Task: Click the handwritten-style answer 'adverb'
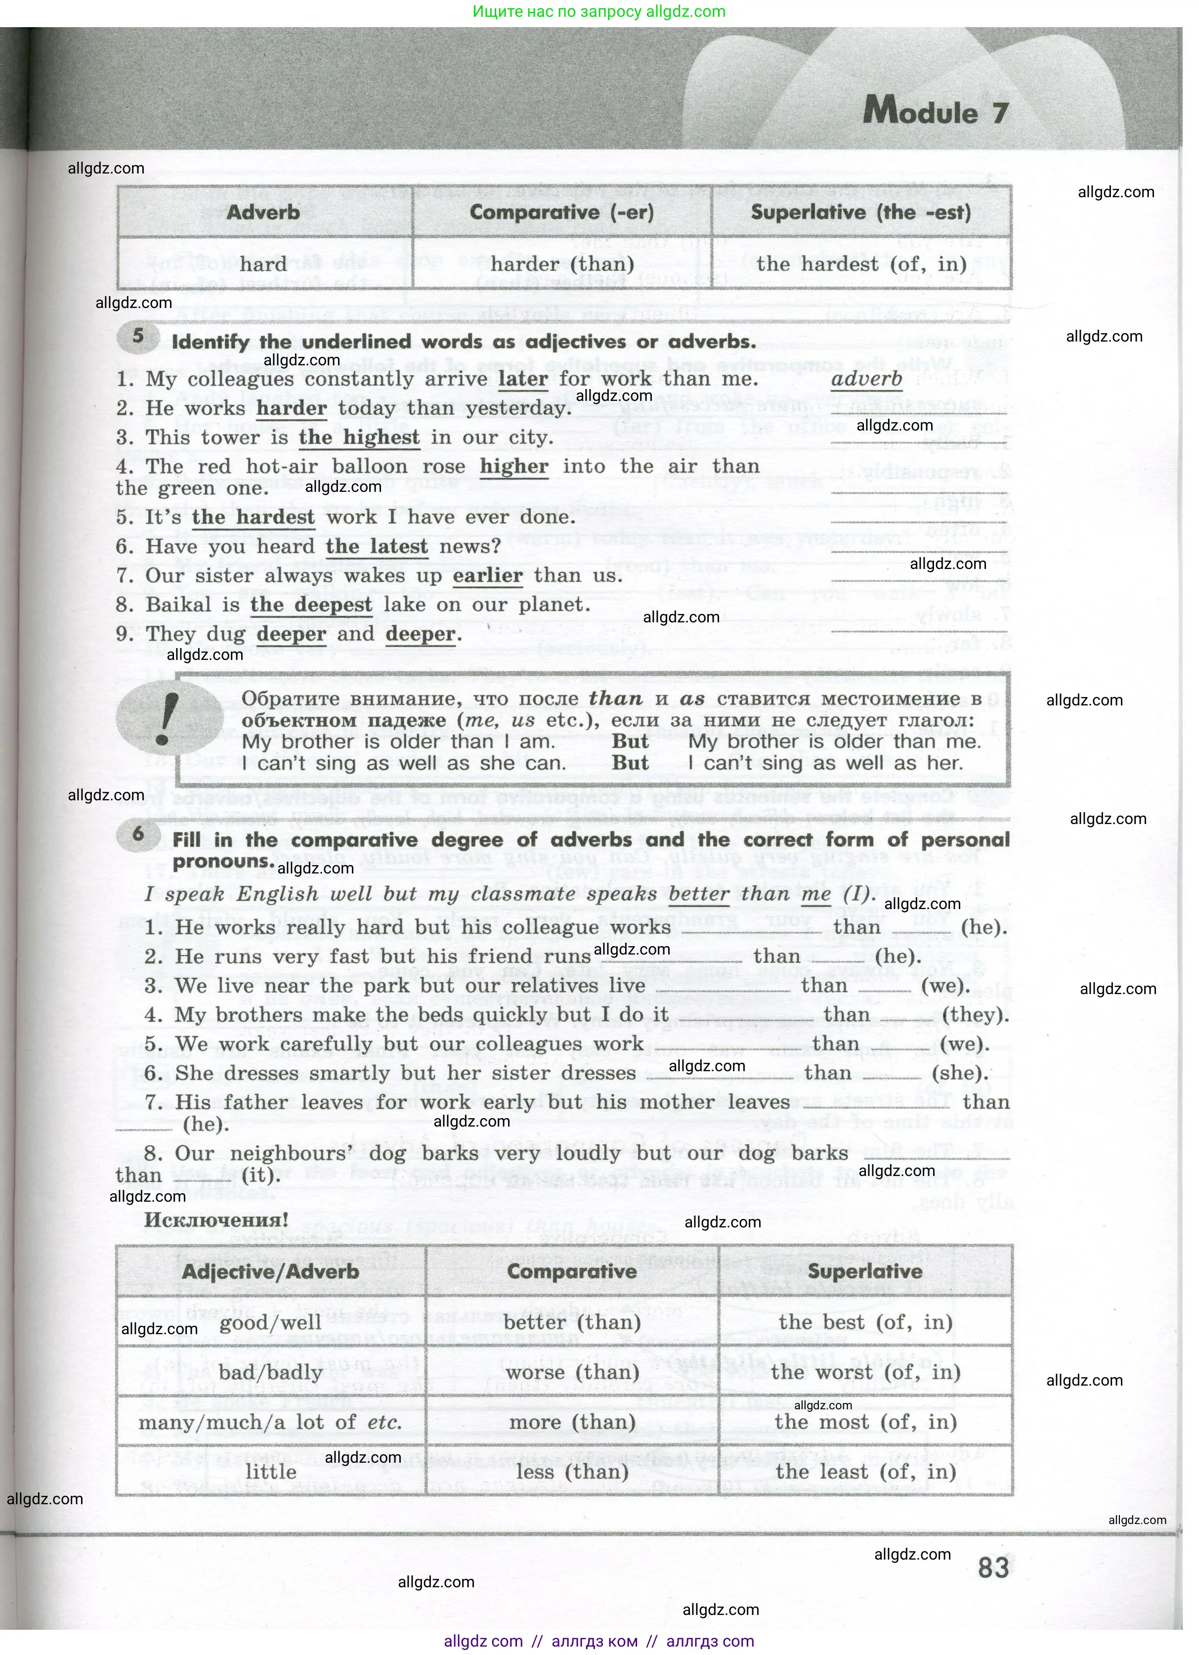click(866, 379)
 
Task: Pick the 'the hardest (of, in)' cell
click(861, 263)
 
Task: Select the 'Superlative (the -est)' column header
click(861, 213)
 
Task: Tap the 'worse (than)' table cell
click(572, 1372)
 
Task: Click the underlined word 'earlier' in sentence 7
click(487, 576)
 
